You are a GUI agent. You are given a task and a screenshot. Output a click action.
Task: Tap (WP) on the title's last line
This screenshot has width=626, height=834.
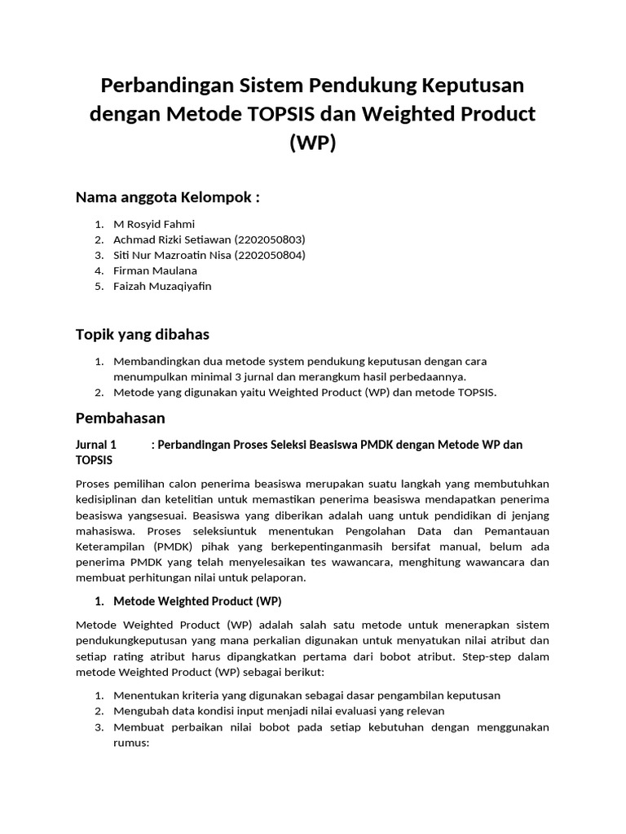pos(312,143)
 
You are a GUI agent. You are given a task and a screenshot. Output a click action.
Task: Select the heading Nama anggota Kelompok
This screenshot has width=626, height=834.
pos(168,197)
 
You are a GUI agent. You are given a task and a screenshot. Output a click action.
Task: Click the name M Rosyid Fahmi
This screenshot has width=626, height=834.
pos(155,223)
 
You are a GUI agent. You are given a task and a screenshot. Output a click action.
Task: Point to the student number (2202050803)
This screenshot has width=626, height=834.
pos(270,239)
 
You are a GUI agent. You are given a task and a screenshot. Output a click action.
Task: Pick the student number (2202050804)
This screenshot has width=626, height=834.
pos(270,255)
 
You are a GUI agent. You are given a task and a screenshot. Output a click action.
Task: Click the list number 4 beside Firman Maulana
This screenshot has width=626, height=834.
pos(98,270)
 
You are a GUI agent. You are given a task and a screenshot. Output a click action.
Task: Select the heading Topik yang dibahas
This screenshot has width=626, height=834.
pos(143,334)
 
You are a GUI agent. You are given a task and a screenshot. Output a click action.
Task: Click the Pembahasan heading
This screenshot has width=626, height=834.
pos(120,419)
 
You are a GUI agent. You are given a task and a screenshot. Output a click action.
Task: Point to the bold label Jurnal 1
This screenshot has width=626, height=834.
pos(96,445)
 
